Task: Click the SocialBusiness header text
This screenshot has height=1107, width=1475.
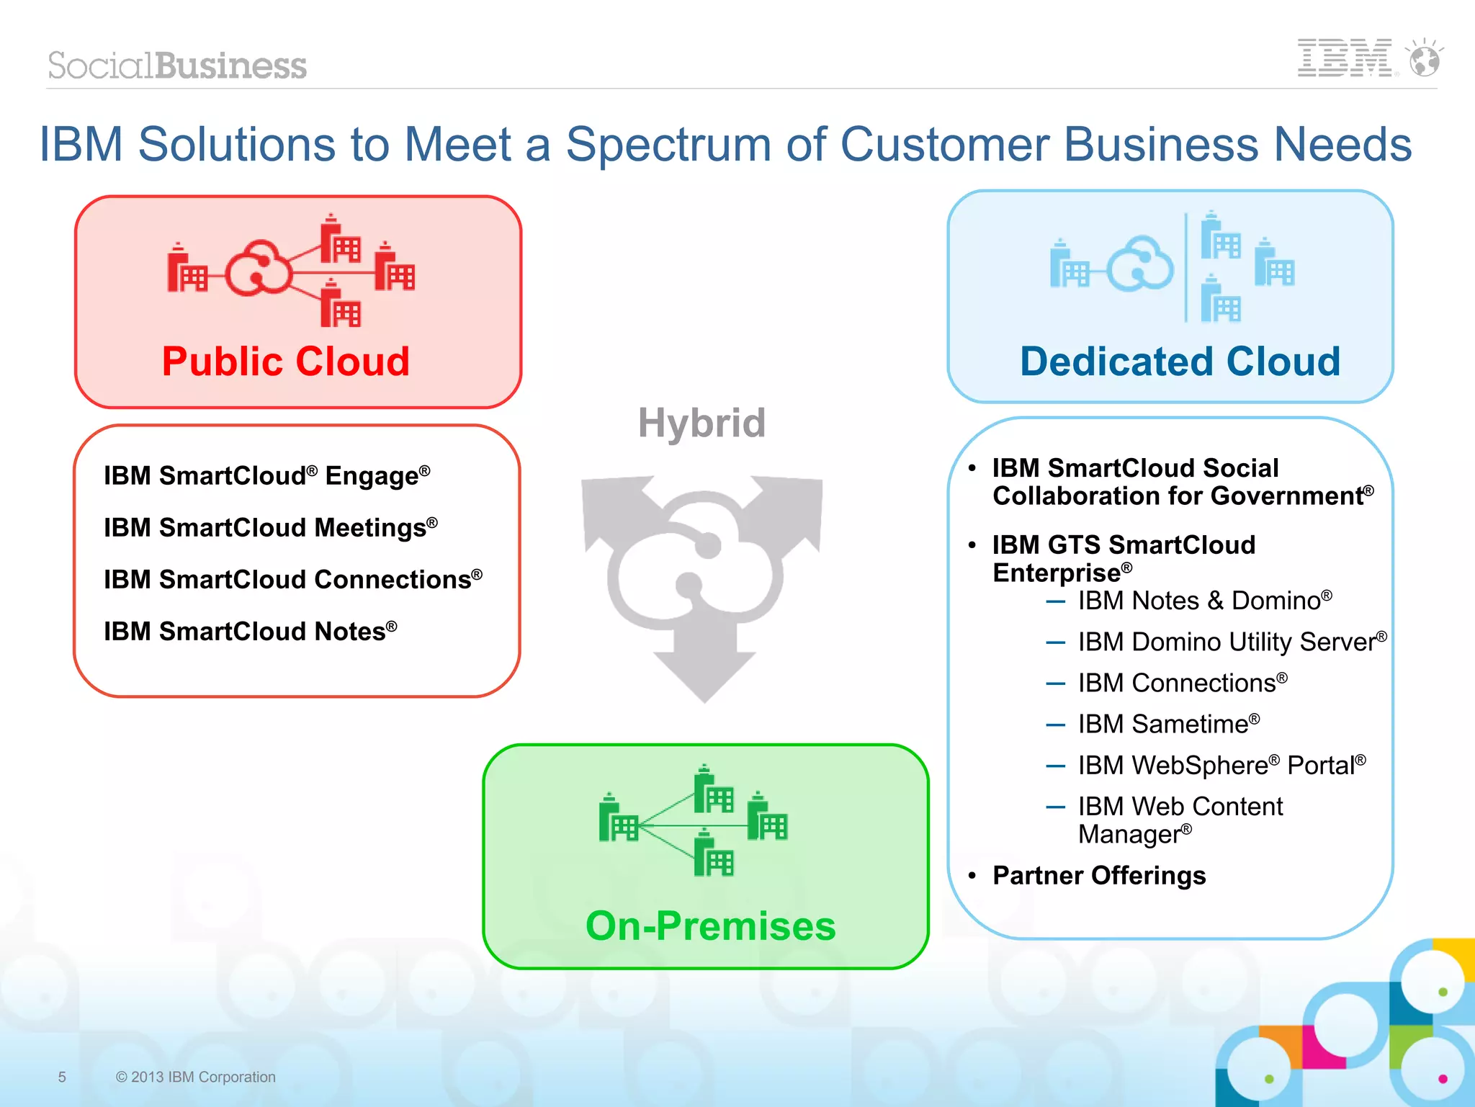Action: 177,66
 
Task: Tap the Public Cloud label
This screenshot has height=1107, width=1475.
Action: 285,361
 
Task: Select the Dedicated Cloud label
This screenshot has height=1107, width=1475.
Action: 1180,361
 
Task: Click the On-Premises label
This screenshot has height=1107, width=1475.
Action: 710,926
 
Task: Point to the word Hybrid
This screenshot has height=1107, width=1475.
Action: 701,423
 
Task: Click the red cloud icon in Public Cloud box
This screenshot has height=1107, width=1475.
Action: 258,268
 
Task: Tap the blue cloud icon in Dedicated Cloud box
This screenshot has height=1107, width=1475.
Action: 1140,265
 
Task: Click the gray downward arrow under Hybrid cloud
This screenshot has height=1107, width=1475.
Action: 704,666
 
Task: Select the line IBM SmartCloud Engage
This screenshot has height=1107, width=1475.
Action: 266,475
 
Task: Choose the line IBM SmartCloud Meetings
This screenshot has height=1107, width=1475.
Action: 270,527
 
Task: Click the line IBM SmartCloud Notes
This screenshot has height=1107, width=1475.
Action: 250,631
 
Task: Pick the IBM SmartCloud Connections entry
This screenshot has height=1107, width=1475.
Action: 292,579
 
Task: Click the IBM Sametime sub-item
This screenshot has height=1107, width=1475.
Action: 1168,724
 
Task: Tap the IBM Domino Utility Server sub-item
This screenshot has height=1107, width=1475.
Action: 1232,641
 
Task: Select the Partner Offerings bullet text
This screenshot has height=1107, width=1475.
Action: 1098,875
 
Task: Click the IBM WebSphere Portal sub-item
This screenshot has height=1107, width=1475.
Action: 1221,765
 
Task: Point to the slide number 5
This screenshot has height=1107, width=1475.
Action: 62,1077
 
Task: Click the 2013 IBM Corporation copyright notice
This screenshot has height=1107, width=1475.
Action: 195,1077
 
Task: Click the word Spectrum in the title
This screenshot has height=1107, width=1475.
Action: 669,145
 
